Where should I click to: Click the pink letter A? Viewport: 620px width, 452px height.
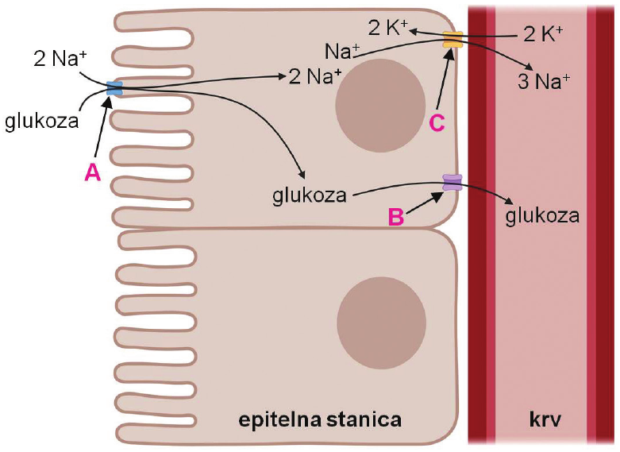[x=93, y=173]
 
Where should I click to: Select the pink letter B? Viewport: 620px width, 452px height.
[x=396, y=217]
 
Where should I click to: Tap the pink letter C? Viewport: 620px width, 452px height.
[x=437, y=123]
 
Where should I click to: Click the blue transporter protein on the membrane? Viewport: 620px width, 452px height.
[x=114, y=88]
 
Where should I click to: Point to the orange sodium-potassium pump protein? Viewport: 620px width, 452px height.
[x=452, y=40]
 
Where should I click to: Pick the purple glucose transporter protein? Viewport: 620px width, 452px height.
[x=452, y=183]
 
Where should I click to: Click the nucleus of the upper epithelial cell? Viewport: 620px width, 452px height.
[x=380, y=106]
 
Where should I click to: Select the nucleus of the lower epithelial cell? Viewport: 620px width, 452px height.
[x=382, y=323]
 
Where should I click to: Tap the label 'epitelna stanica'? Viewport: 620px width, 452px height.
[x=320, y=420]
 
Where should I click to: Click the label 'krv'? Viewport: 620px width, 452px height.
[x=545, y=420]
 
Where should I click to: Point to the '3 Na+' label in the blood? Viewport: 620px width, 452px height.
[x=544, y=82]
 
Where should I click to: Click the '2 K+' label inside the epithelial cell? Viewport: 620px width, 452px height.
[x=388, y=28]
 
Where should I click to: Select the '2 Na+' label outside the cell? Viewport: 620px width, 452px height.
[x=60, y=60]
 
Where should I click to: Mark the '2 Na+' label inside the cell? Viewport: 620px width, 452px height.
[x=314, y=76]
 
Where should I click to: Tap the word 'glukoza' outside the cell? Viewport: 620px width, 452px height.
[x=42, y=121]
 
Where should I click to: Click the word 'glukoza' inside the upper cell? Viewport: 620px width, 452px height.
[x=310, y=195]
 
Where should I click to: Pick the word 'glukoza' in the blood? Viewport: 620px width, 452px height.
[x=542, y=216]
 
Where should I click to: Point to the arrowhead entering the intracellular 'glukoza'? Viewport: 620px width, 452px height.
[x=302, y=175]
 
